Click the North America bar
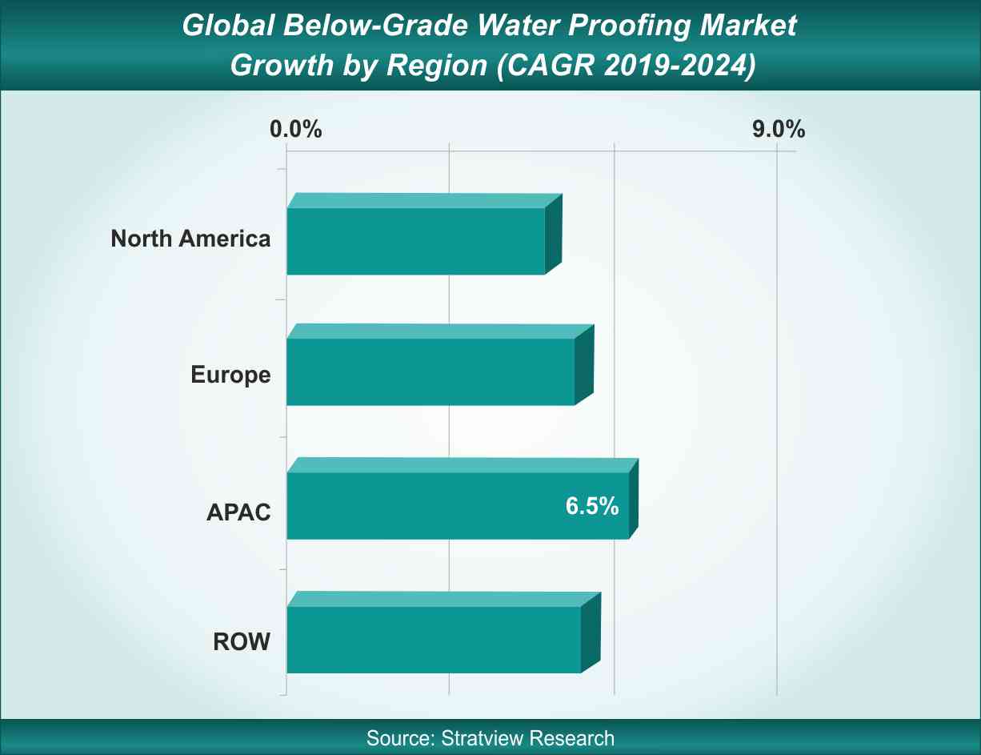[416, 240]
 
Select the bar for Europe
[430, 371]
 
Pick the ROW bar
[434, 639]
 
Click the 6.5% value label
[592, 506]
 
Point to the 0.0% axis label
[296, 129]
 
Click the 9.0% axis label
[778, 129]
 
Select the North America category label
[190, 239]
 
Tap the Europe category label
[230, 374]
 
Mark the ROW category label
[242, 641]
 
